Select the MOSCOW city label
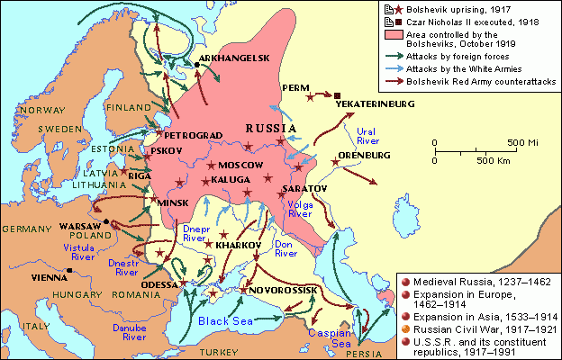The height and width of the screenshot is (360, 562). click(240, 166)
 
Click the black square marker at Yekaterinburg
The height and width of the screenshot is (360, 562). click(337, 95)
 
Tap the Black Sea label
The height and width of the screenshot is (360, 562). click(220, 319)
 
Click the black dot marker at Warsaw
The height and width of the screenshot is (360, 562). click(105, 221)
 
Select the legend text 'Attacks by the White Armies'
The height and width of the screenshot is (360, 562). click(464, 68)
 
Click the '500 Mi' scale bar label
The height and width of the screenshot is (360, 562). click(523, 143)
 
